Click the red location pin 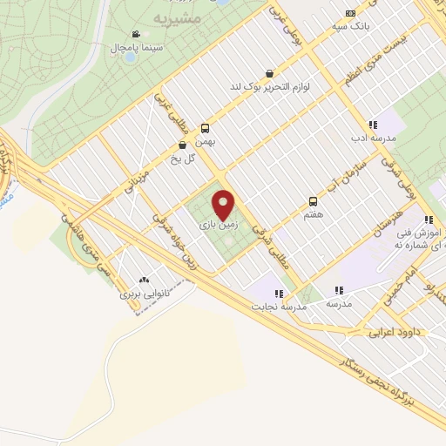pos(225,204)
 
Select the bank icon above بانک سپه pos(350,13)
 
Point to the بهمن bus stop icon pos(206,126)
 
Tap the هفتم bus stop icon pos(313,201)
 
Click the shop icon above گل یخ pos(182,145)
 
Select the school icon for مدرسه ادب pos(373,125)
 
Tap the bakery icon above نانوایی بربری pos(143,280)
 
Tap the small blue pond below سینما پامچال pos(130,58)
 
